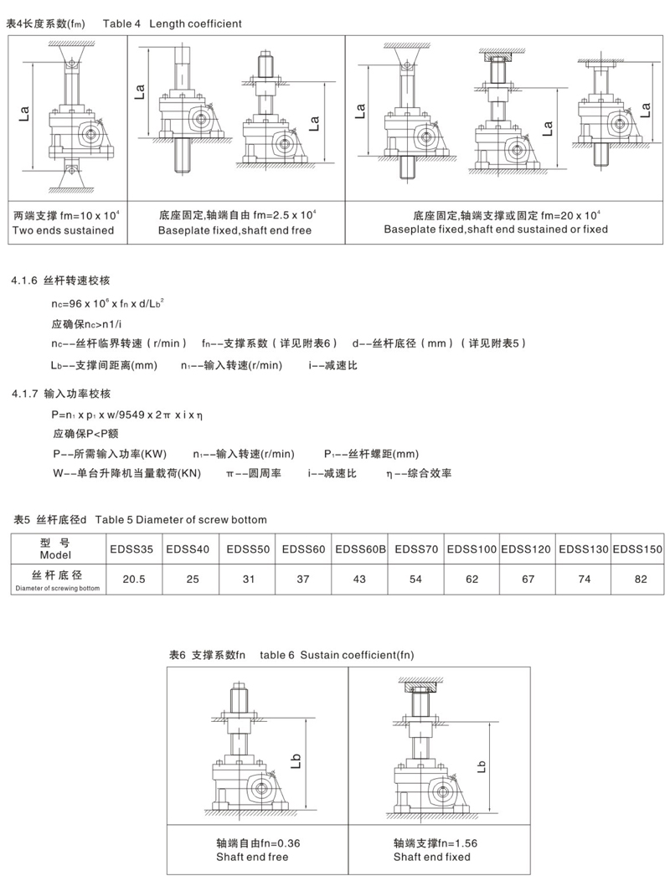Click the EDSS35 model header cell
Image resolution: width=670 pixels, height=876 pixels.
[131, 549]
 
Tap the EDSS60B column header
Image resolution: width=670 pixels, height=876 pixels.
[360, 549]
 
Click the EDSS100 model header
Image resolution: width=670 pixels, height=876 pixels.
[472, 549]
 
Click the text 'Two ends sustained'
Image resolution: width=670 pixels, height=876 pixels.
[64, 229]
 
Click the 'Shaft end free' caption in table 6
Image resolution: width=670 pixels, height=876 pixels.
[252, 857]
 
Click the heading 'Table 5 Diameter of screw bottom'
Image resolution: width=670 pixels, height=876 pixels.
[181, 520]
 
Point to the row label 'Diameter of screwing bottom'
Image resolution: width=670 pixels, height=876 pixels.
[58, 588]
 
